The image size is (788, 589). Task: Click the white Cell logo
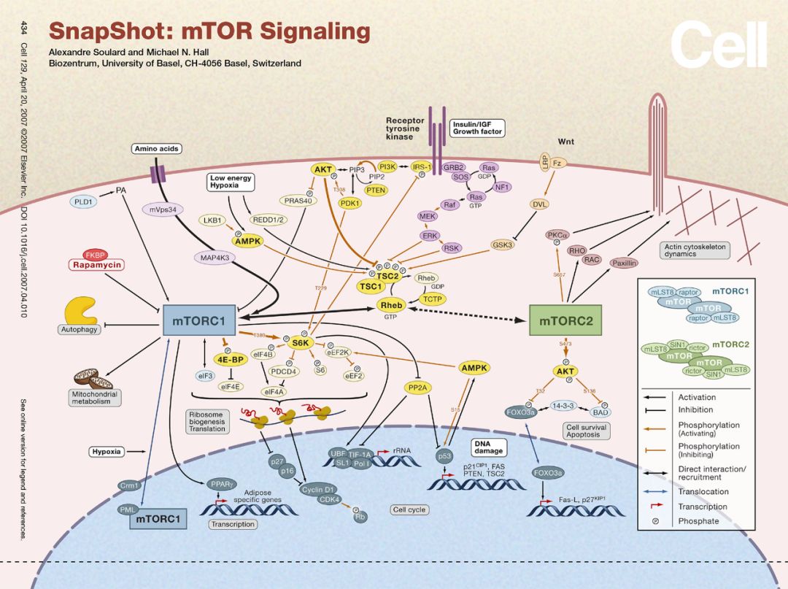tap(719, 45)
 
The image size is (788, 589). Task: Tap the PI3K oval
tap(387, 167)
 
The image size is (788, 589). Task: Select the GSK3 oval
tap(503, 245)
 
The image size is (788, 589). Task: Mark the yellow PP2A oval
tap(417, 388)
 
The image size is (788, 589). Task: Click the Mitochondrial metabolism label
tap(96, 397)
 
